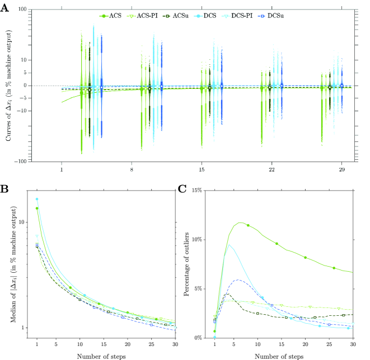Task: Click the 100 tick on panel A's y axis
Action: [x=22, y=10]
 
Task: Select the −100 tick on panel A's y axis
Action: [x=21, y=161]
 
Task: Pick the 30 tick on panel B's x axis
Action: [x=175, y=345]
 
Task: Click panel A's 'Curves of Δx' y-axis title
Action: [x=9, y=86]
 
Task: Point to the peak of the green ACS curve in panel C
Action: [x=241, y=222]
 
